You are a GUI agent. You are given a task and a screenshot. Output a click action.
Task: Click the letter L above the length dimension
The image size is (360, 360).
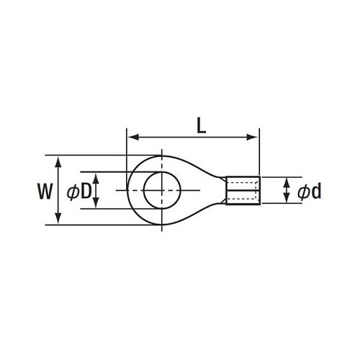point(201,126)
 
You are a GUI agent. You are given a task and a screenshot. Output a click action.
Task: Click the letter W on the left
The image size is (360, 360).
point(45,192)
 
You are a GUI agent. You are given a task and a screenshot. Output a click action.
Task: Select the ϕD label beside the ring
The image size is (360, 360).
point(79,192)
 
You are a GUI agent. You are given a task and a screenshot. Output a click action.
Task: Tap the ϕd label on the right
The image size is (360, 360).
point(309,192)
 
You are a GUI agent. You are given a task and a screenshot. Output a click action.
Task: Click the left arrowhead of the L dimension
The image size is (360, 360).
point(133,138)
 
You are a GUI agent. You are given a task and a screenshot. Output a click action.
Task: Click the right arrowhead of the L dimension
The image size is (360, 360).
point(252,138)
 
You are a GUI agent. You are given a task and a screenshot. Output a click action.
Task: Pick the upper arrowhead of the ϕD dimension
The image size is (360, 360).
point(96,179)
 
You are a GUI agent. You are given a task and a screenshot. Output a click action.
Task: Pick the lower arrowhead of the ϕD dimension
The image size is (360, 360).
point(96,202)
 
